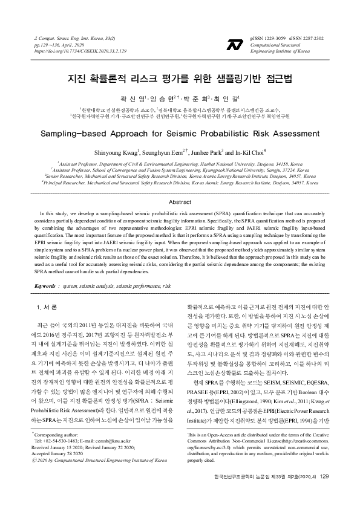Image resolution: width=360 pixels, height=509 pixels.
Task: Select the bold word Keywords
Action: coord(45,285)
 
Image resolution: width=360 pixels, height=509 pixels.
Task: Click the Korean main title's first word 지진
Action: coord(77,79)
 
